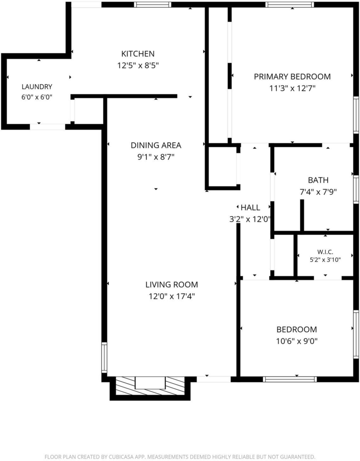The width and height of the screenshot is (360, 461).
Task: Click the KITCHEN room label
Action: (x=138, y=54)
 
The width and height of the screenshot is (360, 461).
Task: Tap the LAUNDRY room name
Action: (x=37, y=87)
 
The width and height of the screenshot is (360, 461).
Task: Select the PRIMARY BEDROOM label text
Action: (x=292, y=77)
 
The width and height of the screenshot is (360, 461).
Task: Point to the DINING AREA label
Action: (x=156, y=145)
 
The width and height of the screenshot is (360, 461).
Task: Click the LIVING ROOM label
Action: (x=172, y=285)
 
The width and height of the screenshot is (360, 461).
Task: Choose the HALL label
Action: (x=250, y=208)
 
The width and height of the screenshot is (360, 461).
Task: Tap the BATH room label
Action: (x=318, y=180)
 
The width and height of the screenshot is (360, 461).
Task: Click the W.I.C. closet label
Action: (x=325, y=252)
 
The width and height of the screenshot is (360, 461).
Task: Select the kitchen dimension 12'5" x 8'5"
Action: (x=138, y=65)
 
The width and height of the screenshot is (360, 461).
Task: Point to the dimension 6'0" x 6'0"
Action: (x=37, y=97)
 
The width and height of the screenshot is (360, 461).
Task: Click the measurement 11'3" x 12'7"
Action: (x=292, y=88)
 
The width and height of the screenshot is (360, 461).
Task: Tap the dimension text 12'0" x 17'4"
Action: (x=172, y=296)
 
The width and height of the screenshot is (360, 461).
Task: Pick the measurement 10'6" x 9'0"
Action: (x=297, y=341)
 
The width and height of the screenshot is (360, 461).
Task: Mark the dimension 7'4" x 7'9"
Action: (x=318, y=192)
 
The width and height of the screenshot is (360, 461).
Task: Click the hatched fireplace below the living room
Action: (x=150, y=386)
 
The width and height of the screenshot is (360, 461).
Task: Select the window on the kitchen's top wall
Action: (x=152, y=5)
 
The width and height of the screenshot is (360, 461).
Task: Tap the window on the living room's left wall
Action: (x=104, y=357)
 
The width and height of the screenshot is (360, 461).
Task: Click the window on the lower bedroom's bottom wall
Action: (x=290, y=379)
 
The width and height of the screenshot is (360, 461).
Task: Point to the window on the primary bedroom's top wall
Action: (x=290, y=5)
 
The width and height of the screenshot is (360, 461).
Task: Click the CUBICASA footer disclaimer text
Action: (x=180, y=457)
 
